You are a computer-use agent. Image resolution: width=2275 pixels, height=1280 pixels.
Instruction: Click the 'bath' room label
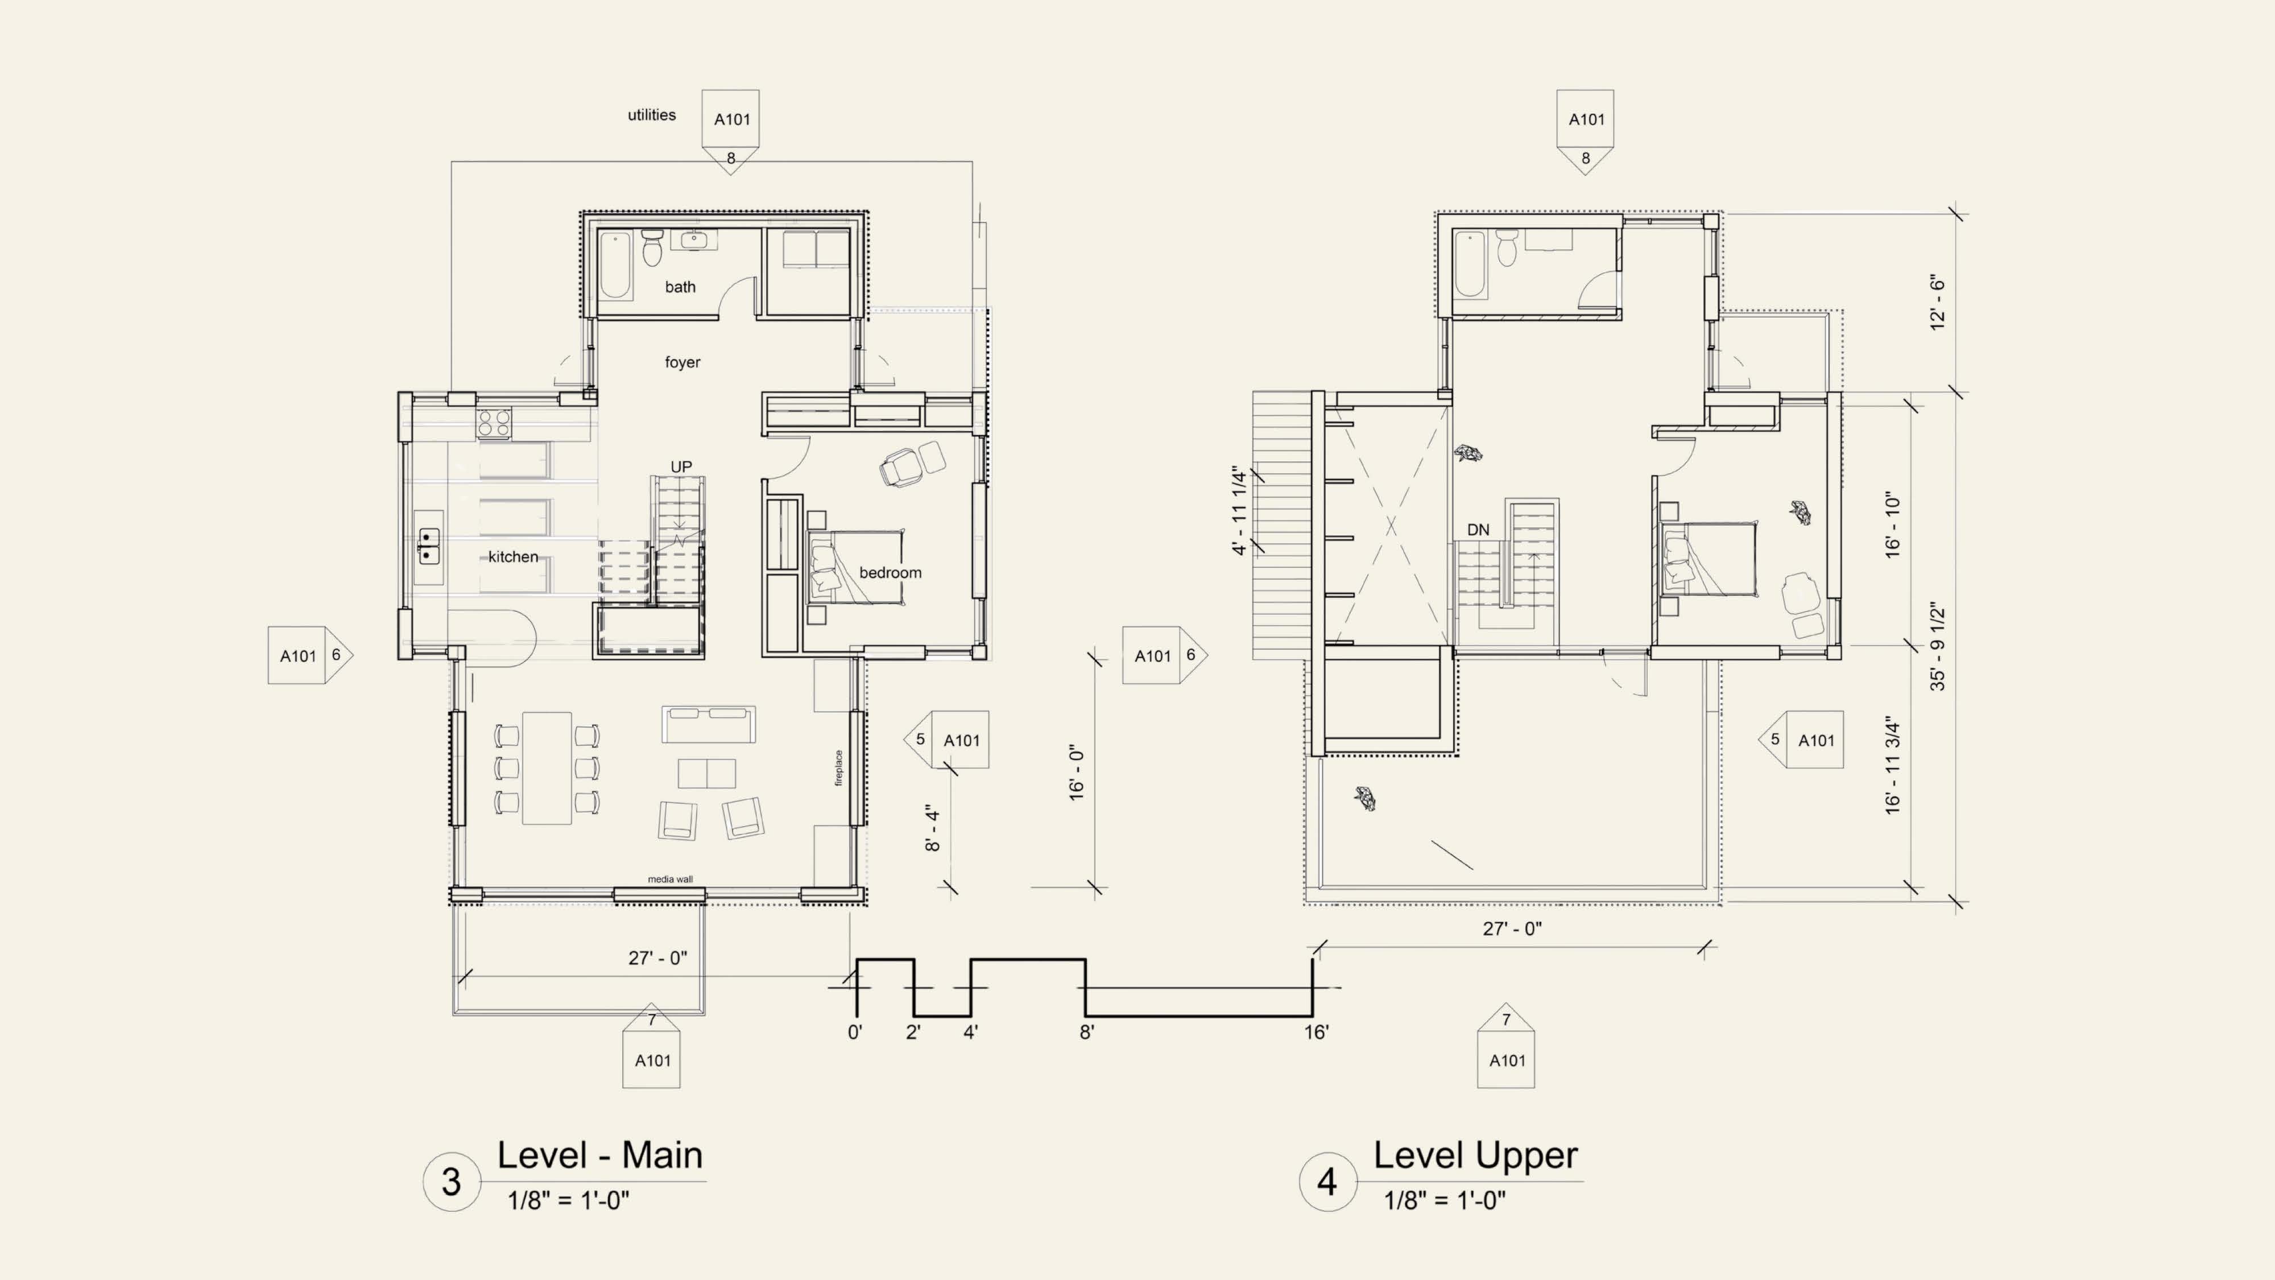pos(680,287)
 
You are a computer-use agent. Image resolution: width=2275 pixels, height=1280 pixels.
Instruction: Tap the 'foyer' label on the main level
pos(682,362)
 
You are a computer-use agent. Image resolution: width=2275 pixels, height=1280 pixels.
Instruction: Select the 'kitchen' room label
pos(513,556)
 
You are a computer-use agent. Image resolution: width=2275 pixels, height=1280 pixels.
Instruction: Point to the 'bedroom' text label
pos(890,572)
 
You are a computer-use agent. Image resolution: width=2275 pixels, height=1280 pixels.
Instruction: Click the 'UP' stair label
pos(681,466)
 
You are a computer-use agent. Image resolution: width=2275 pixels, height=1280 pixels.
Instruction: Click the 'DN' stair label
pos(1478,530)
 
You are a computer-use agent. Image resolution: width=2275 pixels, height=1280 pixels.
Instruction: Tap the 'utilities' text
pos(652,115)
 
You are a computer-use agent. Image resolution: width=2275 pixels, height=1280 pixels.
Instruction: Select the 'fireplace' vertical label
pos(839,767)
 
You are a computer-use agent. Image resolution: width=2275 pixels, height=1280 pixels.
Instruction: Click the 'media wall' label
pos(671,879)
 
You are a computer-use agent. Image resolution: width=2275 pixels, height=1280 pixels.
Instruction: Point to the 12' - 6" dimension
pos(1938,302)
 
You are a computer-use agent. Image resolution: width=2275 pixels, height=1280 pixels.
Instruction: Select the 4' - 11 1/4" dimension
pos(1240,511)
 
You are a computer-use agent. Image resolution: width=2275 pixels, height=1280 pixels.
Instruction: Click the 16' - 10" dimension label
pos(1893,525)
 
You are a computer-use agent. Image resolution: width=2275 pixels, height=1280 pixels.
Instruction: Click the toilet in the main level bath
pos(653,247)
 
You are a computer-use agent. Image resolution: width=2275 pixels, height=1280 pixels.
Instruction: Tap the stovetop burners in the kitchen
pos(494,423)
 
